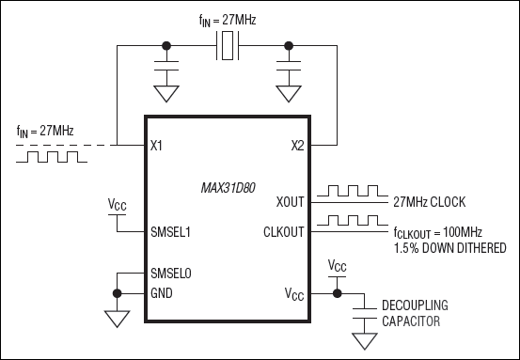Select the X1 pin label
pos(156,146)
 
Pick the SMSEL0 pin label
pos(172,274)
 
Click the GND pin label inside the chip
pos(162,292)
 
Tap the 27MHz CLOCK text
pos(431,202)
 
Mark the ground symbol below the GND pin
pos(116,320)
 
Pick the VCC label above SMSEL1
pos(117,204)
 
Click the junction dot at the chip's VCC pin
pos(338,292)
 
